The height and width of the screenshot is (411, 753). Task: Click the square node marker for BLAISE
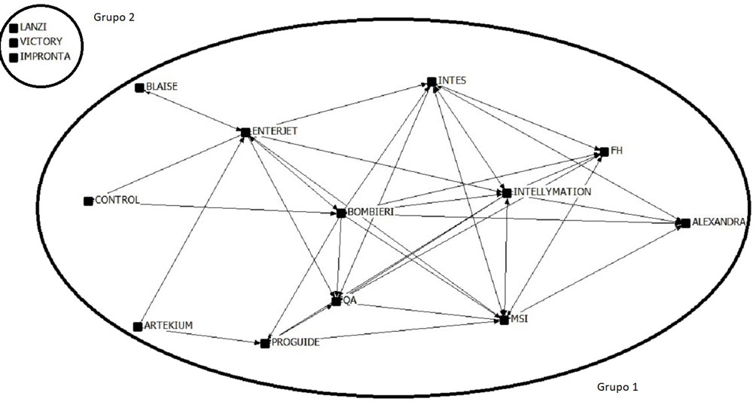click(139, 88)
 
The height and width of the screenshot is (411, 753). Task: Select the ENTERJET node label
click(276, 130)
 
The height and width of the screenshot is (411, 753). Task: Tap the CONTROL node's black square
click(88, 201)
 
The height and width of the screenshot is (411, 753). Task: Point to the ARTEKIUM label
click(169, 325)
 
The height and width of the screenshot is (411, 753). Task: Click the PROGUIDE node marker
click(265, 344)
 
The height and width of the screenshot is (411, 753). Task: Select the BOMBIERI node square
click(341, 213)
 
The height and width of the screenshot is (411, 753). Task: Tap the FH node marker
click(603, 152)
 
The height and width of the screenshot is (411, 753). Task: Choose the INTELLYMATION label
click(553, 192)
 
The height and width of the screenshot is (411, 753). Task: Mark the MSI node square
click(505, 320)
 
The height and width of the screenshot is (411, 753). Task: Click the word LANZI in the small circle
click(34, 27)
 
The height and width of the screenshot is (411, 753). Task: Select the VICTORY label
click(42, 41)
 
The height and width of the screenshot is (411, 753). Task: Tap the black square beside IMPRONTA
click(14, 57)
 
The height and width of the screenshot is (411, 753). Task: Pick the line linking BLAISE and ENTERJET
click(192, 110)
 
